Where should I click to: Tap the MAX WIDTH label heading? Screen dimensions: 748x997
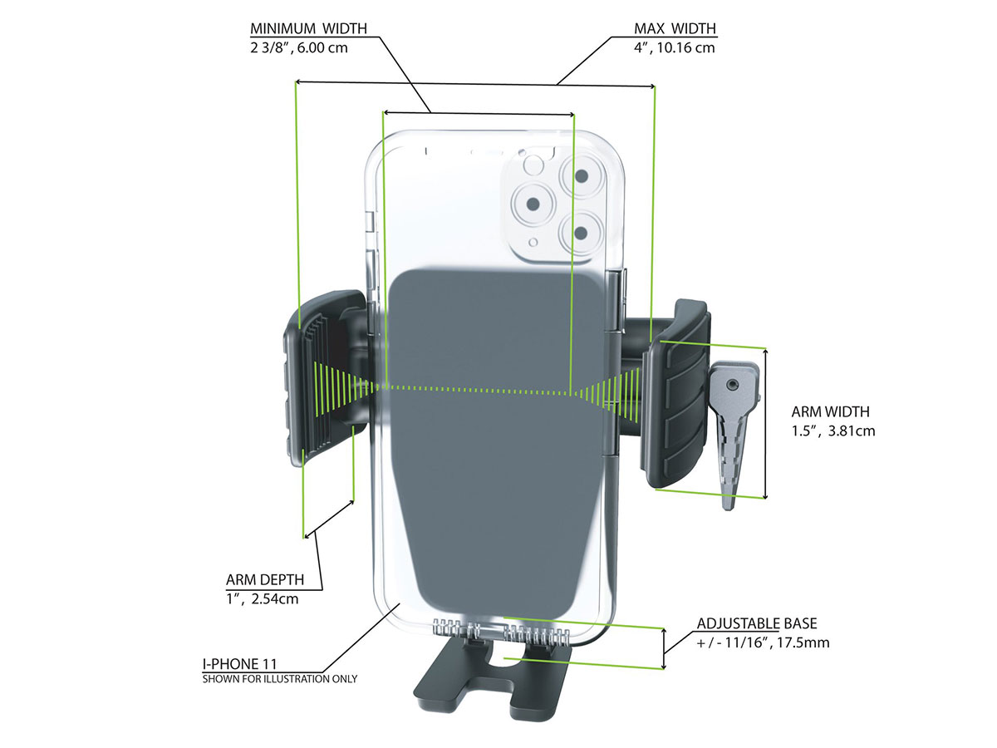[x=675, y=29]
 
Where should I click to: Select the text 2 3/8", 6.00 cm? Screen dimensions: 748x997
[x=299, y=47]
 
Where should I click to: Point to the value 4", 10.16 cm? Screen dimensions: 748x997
[x=674, y=47]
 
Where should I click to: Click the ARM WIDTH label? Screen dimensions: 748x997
[x=830, y=411]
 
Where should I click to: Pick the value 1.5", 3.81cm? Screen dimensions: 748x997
[x=833, y=431]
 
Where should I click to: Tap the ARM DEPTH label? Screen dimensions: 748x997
[x=265, y=579]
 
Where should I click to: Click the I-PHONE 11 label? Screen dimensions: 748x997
[x=239, y=663]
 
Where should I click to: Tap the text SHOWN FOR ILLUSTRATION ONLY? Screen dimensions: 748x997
[x=280, y=679]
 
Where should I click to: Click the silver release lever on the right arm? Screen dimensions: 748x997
[x=734, y=432]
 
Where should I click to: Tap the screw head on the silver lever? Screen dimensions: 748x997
[x=731, y=385]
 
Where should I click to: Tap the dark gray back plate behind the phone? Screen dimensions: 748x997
[x=498, y=432]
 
